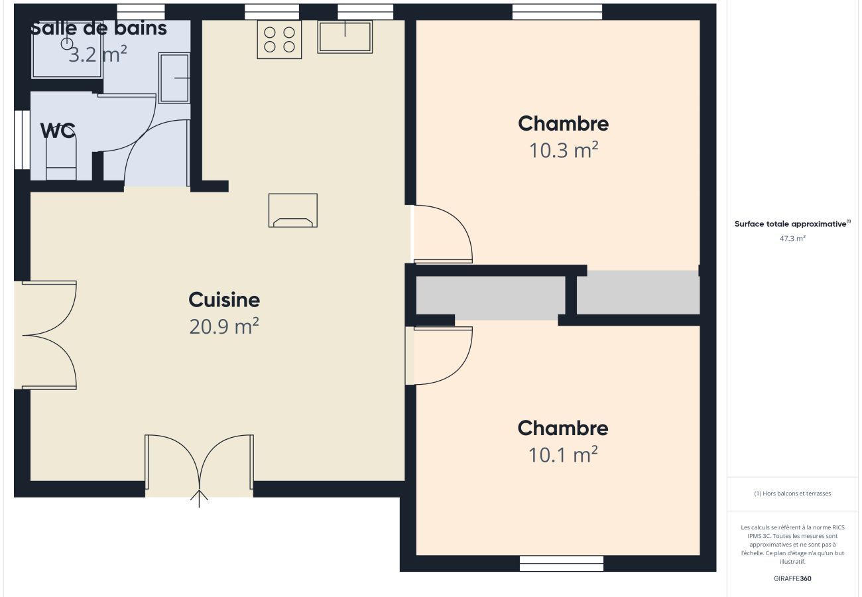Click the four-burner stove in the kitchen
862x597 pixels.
pyautogui.click(x=279, y=39)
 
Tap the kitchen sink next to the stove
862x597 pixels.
pyautogui.click(x=345, y=36)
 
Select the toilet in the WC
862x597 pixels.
pyautogui.click(x=61, y=157)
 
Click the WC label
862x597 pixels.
pyautogui.click(x=58, y=131)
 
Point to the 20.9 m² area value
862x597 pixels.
pyautogui.click(x=224, y=326)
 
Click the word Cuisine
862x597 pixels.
pyautogui.click(x=224, y=300)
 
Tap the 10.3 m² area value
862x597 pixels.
pyautogui.click(x=563, y=151)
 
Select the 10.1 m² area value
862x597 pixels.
pyautogui.click(x=563, y=455)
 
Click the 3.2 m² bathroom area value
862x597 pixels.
pyautogui.click(x=97, y=54)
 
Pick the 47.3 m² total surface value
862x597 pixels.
pyautogui.click(x=792, y=238)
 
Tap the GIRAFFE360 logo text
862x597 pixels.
pyautogui.click(x=792, y=578)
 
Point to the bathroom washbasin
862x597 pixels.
pyautogui.click(x=174, y=78)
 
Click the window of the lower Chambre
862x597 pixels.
pyautogui.click(x=561, y=563)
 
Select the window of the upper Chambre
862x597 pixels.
pyautogui.click(x=557, y=12)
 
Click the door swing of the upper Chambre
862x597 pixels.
pyautogui.click(x=443, y=233)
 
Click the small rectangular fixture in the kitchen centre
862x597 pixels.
pyautogui.click(x=292, y=210)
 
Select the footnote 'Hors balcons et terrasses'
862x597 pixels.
pyautogui.click(x=792, y=494)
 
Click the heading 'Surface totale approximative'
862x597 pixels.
pyautogui.click(x=792, y=224)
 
